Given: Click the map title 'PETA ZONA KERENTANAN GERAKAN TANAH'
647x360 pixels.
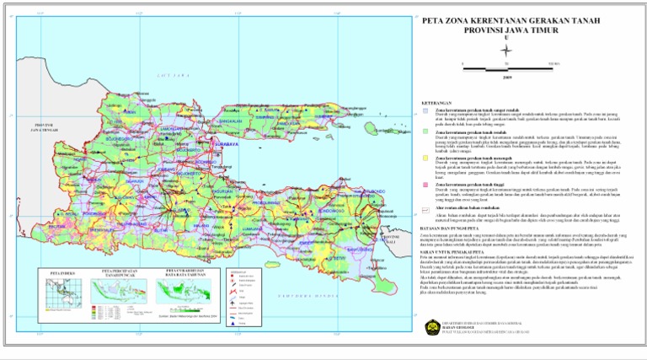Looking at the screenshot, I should pyautogui.click(x=506, y=24).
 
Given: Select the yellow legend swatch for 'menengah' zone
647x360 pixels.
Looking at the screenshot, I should pyautogui.click(x=426, y=158).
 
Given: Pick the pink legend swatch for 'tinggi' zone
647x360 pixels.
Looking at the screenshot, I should pyautogui.click(x=426, y=182).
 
